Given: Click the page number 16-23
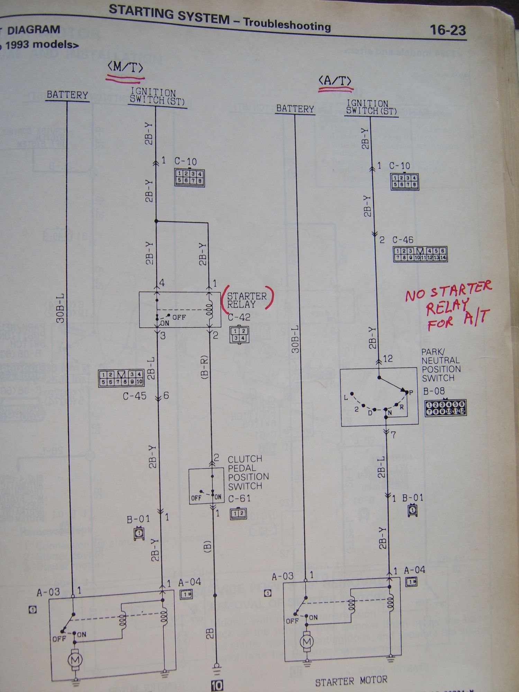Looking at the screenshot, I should click(448, 30).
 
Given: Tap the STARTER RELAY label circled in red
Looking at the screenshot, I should click(247, 300).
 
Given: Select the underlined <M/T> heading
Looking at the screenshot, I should click(125, 68).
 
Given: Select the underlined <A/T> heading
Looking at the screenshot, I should click(335, 81).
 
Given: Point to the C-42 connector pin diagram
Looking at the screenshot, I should click(239, 335).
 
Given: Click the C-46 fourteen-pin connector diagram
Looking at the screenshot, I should click(420, 254).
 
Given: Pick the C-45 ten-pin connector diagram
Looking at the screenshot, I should click(121, 378).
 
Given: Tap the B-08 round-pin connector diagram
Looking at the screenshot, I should click(446, 408).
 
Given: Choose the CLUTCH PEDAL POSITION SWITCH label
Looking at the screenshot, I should click(248, 472).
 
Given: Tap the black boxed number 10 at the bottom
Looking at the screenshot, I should click(217, 685).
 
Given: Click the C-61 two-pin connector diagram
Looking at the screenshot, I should click(238, 513).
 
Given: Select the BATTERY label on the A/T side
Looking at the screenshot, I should click(295, 109).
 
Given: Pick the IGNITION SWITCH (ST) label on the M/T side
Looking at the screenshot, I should click(157, 97).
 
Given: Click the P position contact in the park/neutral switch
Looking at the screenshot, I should click(411, 392).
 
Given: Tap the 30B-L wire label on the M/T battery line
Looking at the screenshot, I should click(61, 308).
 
